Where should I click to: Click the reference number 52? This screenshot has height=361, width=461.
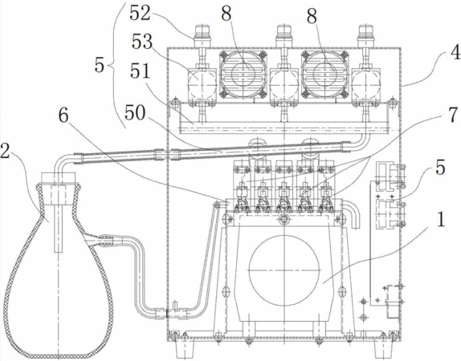(x=140, y=13)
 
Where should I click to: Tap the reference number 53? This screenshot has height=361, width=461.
(x=142, y=42)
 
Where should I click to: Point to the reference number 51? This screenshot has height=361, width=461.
(x=141, y=71)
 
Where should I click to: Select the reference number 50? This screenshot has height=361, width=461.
(x=135, y=113)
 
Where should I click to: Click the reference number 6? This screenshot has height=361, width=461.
(x=63, y=116)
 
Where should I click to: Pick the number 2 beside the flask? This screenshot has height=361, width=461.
(x=5, y=151)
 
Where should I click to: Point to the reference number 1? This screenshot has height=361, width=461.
(x=441, y=220)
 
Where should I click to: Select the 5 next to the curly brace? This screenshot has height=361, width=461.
(x=100, y=65)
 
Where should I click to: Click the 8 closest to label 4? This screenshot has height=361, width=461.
(x=312, y=16)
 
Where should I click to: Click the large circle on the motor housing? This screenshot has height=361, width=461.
(x=284, y=270)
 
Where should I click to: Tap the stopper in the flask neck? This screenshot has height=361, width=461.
(x=59, y=190)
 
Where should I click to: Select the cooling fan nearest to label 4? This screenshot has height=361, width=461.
(x=325, y=74)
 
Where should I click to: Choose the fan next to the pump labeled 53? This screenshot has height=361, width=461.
(x=243, y=74)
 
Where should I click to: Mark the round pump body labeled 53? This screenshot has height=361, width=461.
(x=202, y=83)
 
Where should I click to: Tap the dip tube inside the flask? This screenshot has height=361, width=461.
(x=59, y=226)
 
